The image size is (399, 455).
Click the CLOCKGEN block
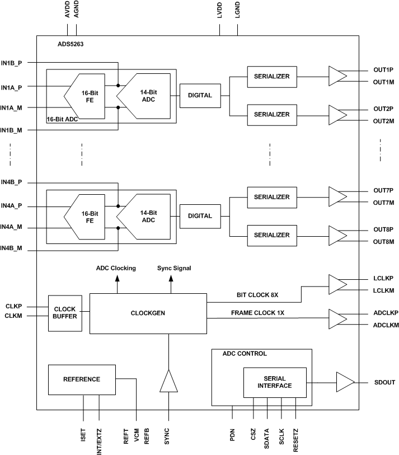148,313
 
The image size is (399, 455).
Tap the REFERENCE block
82,379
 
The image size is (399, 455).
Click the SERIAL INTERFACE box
274,382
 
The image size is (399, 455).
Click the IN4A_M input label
12,227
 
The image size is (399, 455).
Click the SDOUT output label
384,382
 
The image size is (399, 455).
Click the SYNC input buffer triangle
168,382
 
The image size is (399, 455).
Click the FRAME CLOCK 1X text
258,312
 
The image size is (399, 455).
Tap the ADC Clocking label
117,268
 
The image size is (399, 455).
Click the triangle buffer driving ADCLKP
337,319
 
